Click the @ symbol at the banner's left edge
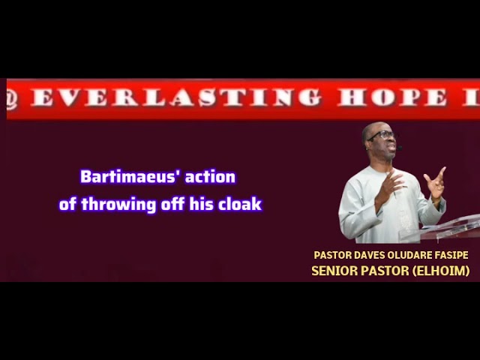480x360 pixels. click(10, 99)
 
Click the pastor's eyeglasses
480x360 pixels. click(382, 136)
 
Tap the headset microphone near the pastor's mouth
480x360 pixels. click(397, 147)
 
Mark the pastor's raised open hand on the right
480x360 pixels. click(436, 182)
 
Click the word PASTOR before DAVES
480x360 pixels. click(332, 256)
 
